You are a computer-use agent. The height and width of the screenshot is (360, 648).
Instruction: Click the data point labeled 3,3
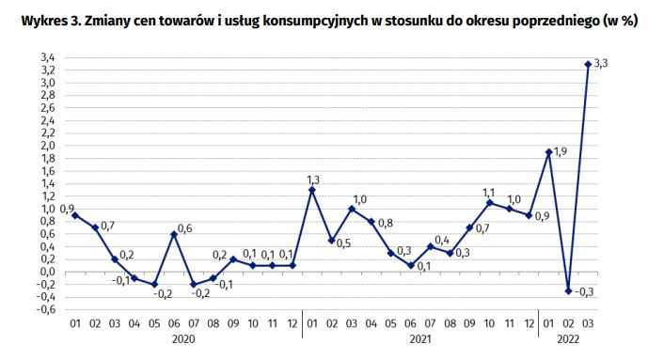click(x=588, y=64)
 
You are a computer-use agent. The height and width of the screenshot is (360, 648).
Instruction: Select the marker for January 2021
click(x=312, y=190)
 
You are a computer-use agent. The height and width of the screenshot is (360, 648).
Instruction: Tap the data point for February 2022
click(x=568, y=290)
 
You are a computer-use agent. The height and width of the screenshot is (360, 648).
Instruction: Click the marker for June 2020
click(x=174, y=234)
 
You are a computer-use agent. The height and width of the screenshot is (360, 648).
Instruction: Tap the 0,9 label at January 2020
click(x=67, y=209)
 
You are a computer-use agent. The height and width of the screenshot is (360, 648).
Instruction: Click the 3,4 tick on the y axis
click(x=47, y=57)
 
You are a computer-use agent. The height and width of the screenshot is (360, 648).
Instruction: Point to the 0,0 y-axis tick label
click(x=47, y=272)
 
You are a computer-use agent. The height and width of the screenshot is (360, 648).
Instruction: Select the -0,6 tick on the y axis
click(x=45, y=309)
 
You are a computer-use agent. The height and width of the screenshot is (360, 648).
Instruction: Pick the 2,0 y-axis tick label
click(x=47, y=146)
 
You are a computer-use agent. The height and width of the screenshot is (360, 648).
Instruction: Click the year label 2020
click(x=184, y=338)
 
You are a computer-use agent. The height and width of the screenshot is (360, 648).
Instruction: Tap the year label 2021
click(x=419, y=338)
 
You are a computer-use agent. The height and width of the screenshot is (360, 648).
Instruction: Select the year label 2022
click(x=567, y=338)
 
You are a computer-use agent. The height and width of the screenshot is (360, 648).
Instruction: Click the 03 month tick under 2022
click(x=588, y=323)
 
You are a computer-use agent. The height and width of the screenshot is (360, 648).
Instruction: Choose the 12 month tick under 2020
click(x=292, y=323)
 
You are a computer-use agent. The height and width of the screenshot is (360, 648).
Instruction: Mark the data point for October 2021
click(x=489, y=202)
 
